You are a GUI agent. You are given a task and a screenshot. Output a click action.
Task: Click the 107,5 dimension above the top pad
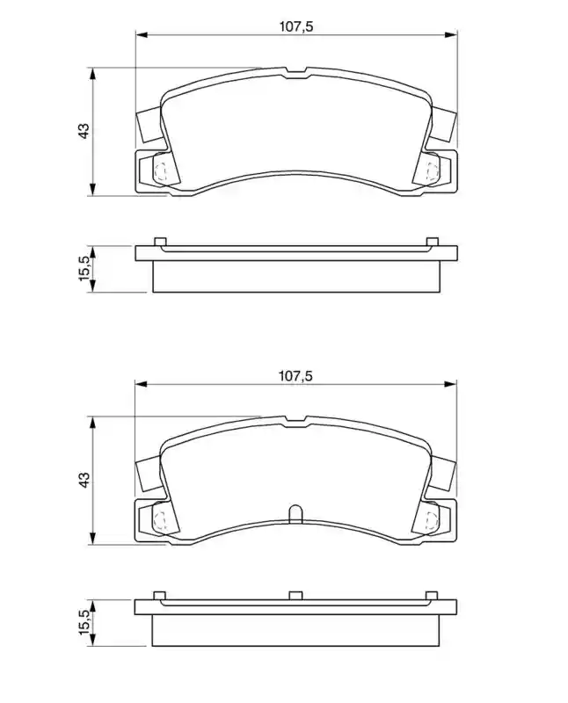pyautogui.click(x=296, y=27)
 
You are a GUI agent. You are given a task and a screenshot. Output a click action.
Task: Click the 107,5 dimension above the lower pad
pyautogui.click(x=295, y=376)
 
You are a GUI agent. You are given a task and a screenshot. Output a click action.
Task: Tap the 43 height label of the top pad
pyautogui.click(x=84, y=130)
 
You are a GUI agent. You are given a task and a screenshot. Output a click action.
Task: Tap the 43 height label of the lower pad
pyautogui.click(x=84, y=479)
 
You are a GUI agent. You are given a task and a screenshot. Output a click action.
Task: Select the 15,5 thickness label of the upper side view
pyautogui.click(x=84, y=268)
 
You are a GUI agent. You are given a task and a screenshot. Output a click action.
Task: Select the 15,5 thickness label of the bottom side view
pyautogui.click(x=84, y=621)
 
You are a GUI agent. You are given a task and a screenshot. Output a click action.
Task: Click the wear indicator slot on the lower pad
pyautogui.click(x=295, y=513)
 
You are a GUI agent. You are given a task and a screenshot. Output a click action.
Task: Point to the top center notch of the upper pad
pyautogui.click(x=295, y=73)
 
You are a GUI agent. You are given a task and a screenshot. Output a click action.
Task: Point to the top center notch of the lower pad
pyautogui.click(x=295, y=421)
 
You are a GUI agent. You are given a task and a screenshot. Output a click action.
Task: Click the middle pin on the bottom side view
pyautogui.click(x=295, y=596)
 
